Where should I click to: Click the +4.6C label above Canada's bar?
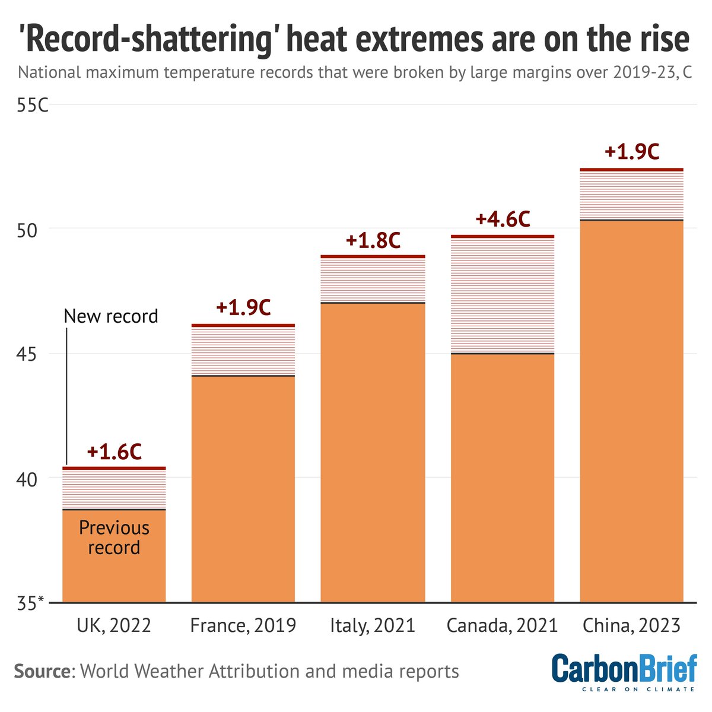[x=503, y=219]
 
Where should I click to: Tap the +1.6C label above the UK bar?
[x=114, y=452]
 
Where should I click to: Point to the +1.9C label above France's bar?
[x=243, y=308]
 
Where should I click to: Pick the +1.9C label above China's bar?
[x=632, y=152]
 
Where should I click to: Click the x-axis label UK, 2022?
[x=114, y=625]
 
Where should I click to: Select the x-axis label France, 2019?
[x=243, y=625]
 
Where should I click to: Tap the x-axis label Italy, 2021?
[x=373, y=625]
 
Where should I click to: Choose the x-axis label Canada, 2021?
[x=503, y=625]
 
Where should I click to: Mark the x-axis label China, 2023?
[x=632, y=625]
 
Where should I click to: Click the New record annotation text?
[x=111, y=316]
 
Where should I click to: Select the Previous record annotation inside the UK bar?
[x=114, y=538]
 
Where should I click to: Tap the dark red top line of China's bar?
[x=632, y=170]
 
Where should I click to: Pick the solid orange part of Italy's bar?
[x=373, y=451]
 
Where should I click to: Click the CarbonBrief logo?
[x=624, y=672]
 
